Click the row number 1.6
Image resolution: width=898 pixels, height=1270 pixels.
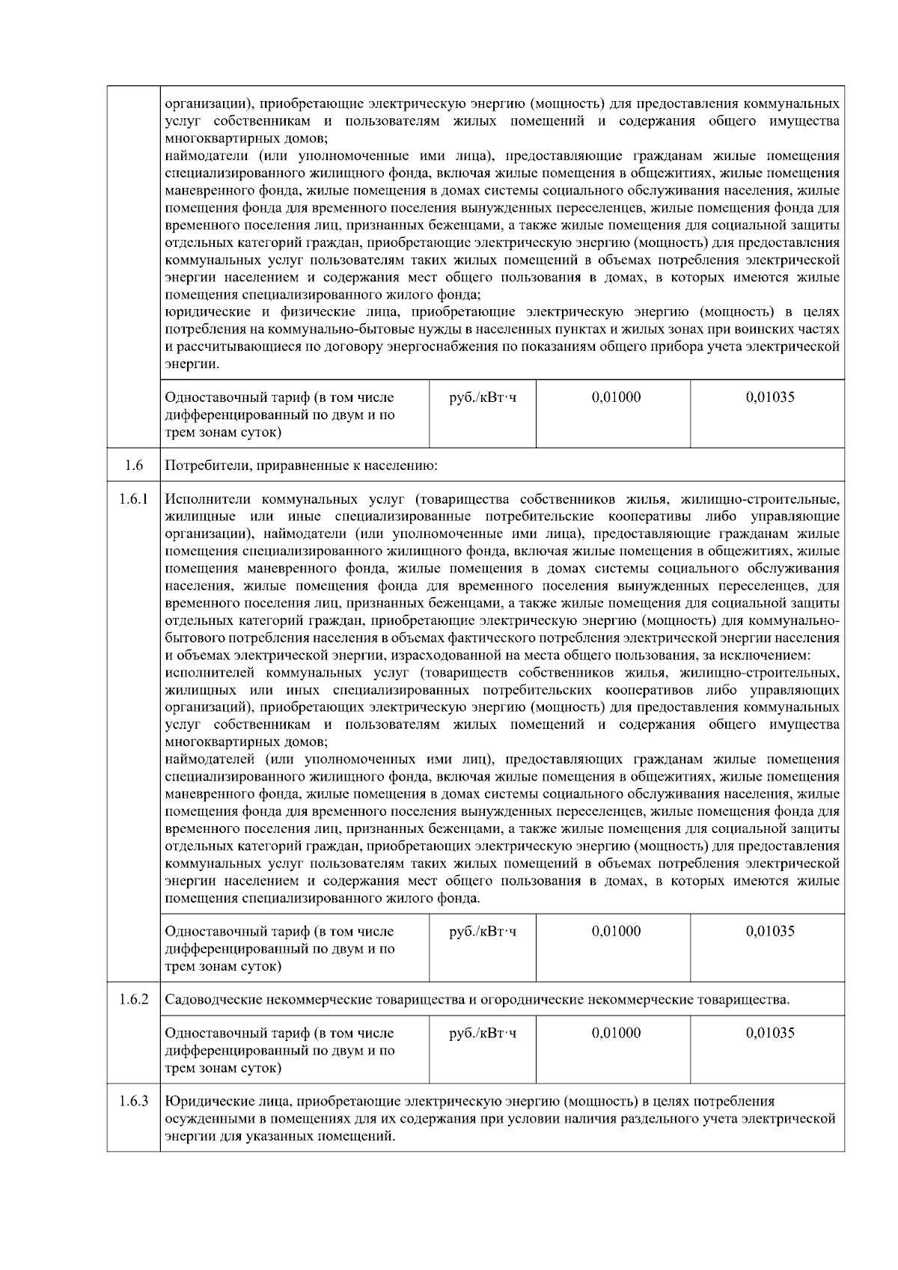134,466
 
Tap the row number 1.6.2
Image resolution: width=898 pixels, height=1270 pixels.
134,999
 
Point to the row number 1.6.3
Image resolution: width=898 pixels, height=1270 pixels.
134,1101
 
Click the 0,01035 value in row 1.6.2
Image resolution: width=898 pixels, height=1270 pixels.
770,1033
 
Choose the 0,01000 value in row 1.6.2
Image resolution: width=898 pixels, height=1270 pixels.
616,1033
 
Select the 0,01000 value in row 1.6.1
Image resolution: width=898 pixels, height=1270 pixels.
616,931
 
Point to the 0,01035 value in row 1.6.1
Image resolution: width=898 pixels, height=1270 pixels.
770,931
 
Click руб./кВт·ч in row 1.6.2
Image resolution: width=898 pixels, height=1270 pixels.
483,1034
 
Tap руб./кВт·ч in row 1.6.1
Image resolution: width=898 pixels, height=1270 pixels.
483,932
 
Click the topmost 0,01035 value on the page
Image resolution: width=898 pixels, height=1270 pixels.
770,397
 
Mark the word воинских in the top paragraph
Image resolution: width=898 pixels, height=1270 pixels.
778,329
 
